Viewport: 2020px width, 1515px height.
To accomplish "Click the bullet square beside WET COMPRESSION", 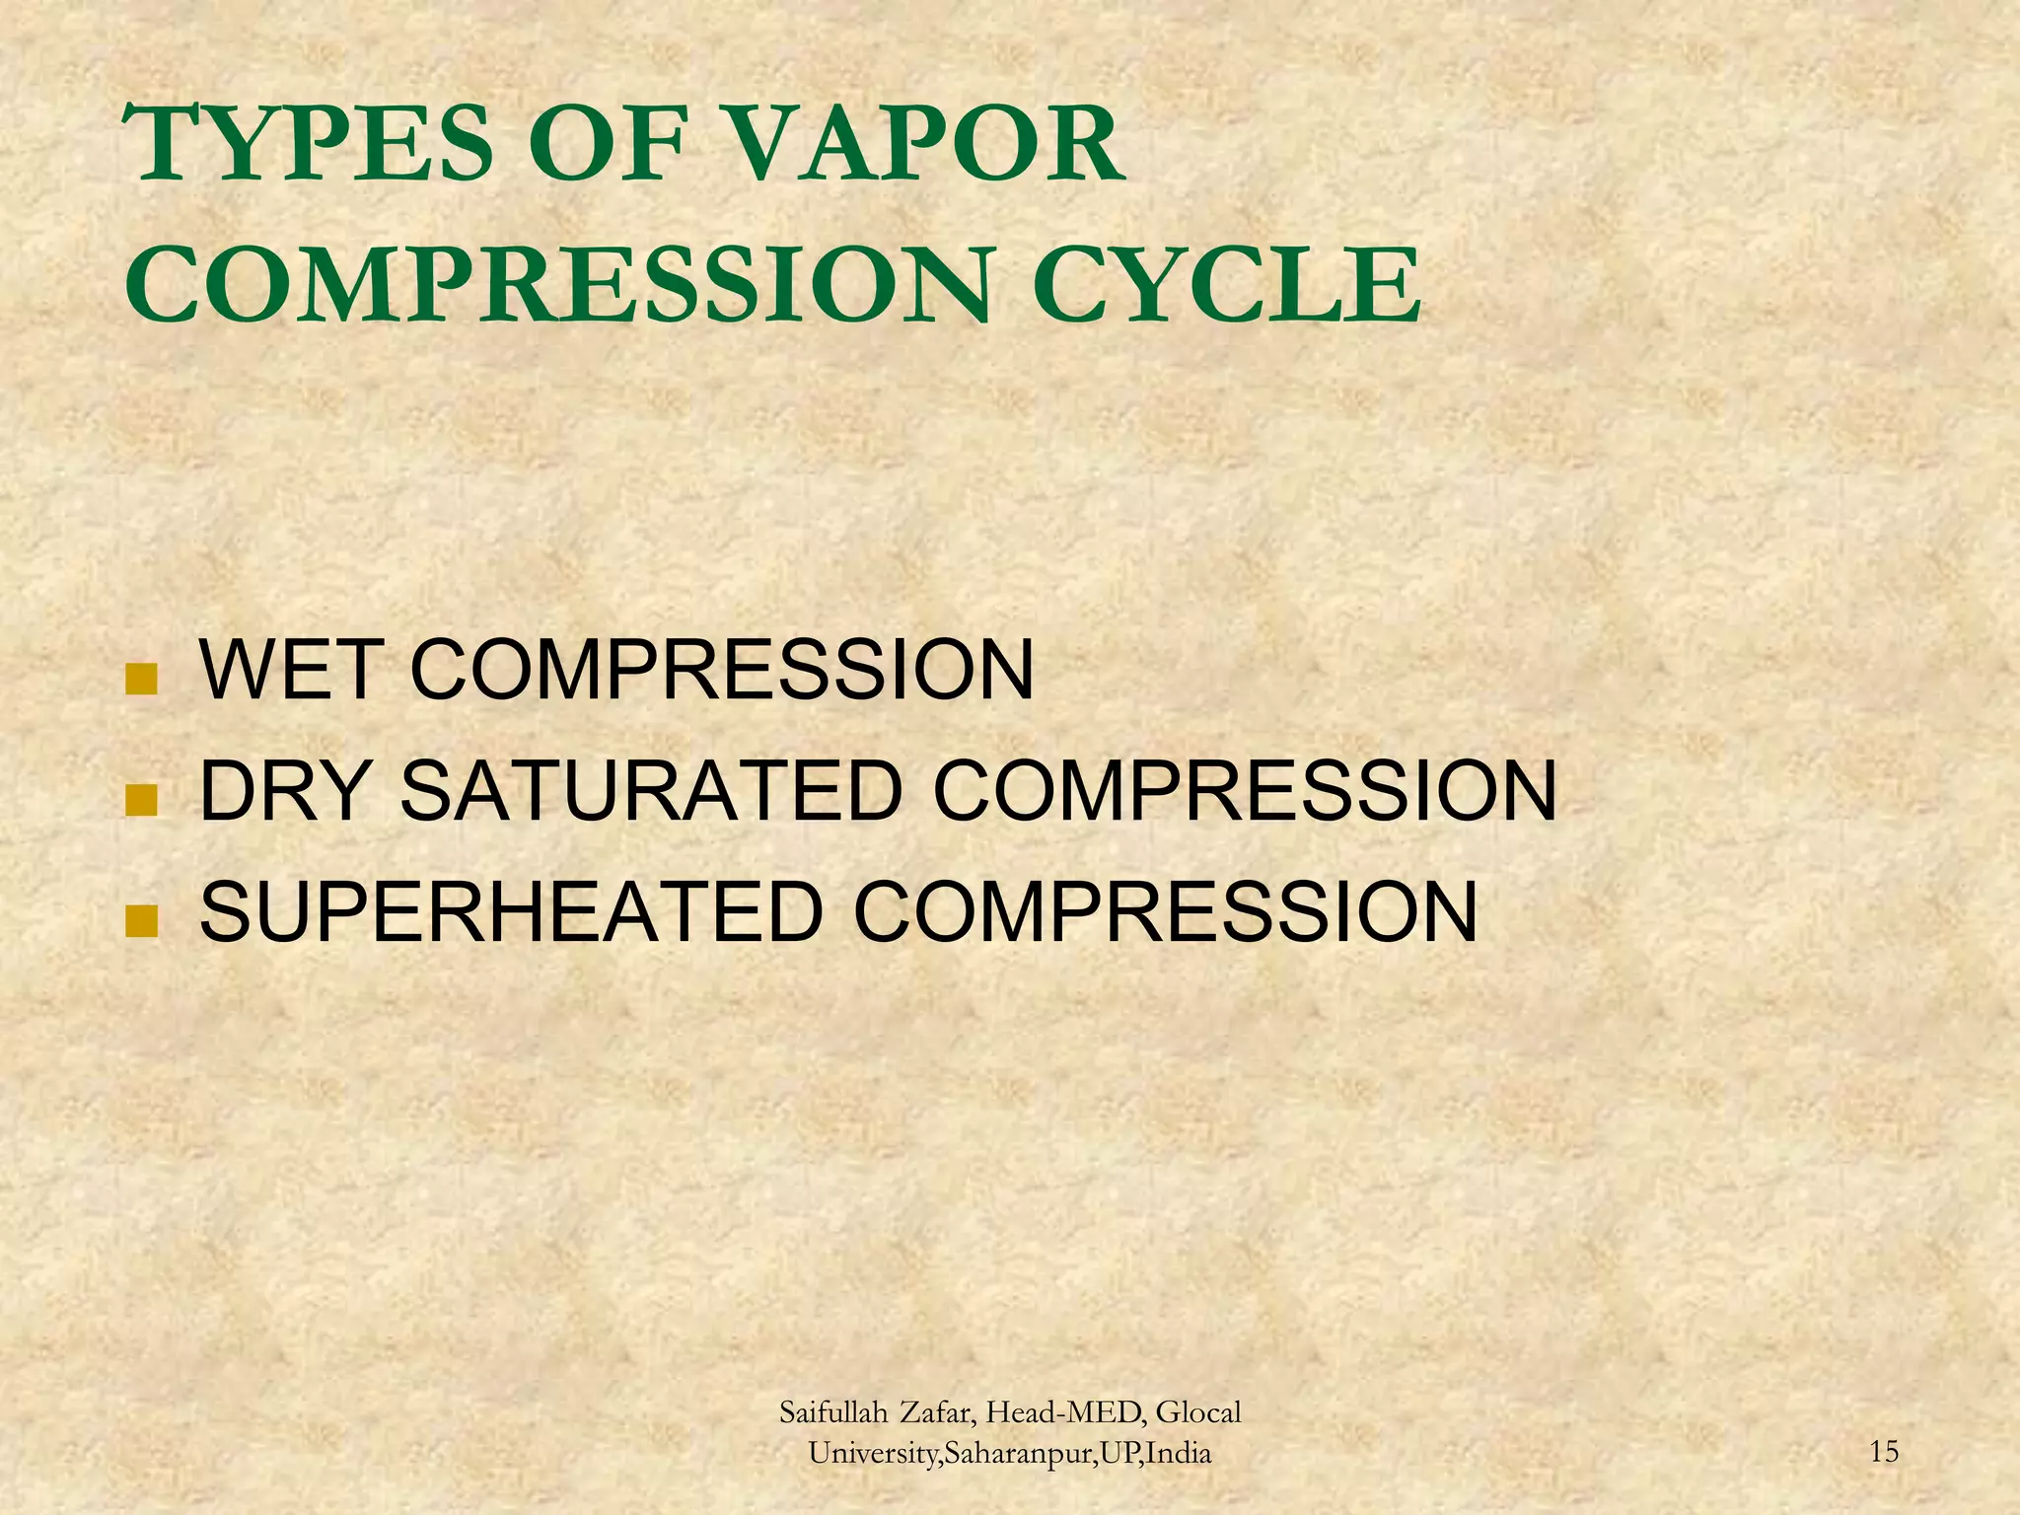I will [142, 680].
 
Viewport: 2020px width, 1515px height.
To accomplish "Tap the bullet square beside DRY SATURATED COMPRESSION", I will [142, 800].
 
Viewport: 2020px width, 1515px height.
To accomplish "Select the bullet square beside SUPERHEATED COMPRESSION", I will [142, 921].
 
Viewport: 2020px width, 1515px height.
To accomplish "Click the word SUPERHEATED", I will [512, 912].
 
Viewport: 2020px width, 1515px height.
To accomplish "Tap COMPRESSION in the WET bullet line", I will [721, 671].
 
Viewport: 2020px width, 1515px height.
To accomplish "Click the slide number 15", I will [1883, 1451].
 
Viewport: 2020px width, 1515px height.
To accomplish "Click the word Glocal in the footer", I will [1198, 1412].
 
